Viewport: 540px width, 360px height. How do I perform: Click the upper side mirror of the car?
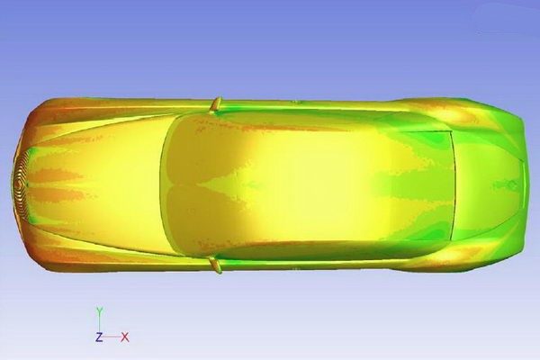tap(216, 104)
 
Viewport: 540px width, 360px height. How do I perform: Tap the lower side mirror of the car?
tap(216, 265)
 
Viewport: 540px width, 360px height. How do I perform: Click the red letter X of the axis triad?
tap(125, 337)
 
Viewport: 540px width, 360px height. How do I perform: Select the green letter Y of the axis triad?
tap(99, 311)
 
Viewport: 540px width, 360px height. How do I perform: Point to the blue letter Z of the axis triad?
tap(99, 337)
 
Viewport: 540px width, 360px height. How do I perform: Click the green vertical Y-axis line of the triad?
tap(99, 324)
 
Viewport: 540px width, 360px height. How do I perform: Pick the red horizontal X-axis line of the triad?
tap(112, 337)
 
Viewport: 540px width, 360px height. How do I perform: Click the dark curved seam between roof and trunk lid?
tap(454, 185)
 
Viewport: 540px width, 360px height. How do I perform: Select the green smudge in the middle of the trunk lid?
tap(505, 185)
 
